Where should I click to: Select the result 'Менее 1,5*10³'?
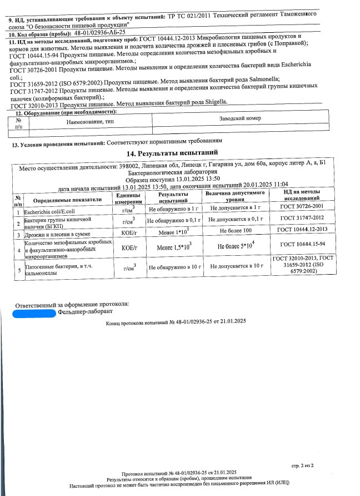click(x=174, y=246)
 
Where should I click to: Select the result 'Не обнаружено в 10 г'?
click(x=174, y=267)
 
